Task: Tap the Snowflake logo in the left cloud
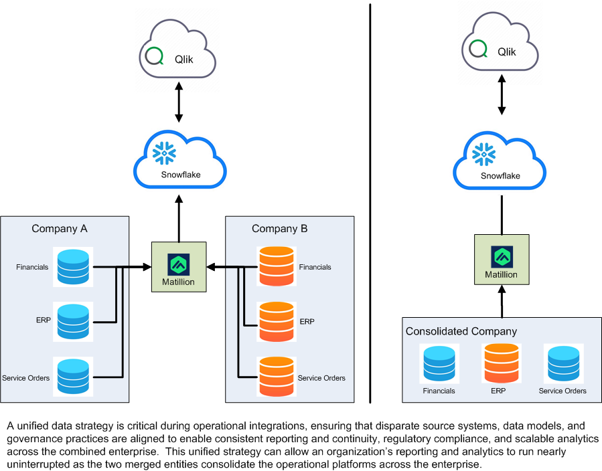[x=165, y=153]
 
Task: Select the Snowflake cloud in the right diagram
[x=501, y=164]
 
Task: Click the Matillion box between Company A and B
[x=178, y=268]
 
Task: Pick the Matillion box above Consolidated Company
[x=502, y=260]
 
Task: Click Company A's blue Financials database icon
[x=73, y=267]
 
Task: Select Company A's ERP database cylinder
[x=73, y=322]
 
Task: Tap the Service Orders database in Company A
[x=73, y=377]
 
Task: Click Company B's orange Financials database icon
[x=275, y=267]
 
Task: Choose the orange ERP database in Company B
[x=275, y=322]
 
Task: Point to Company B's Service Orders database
[x=275, y=377]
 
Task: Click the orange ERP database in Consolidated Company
[x=500, y=363]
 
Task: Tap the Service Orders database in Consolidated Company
[x=562, y=363]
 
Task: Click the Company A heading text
[x=60, y=229]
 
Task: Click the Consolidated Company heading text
[x=461, y=331]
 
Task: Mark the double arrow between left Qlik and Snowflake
[x=179, y=102]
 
